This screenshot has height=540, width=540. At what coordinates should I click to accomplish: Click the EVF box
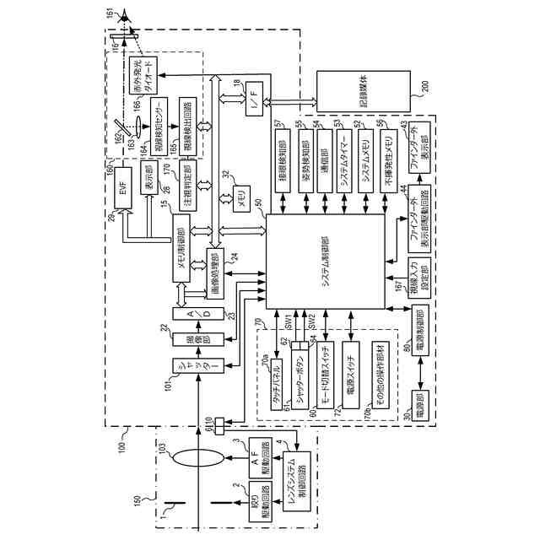123,193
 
